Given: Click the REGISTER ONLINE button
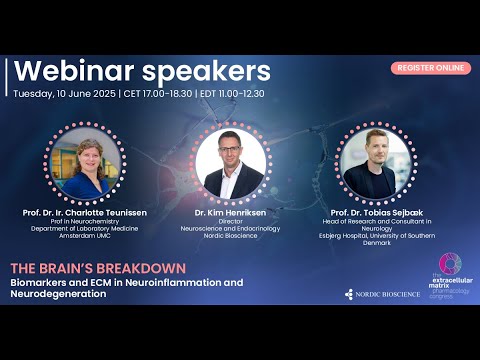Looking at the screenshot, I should pos(431,67).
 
